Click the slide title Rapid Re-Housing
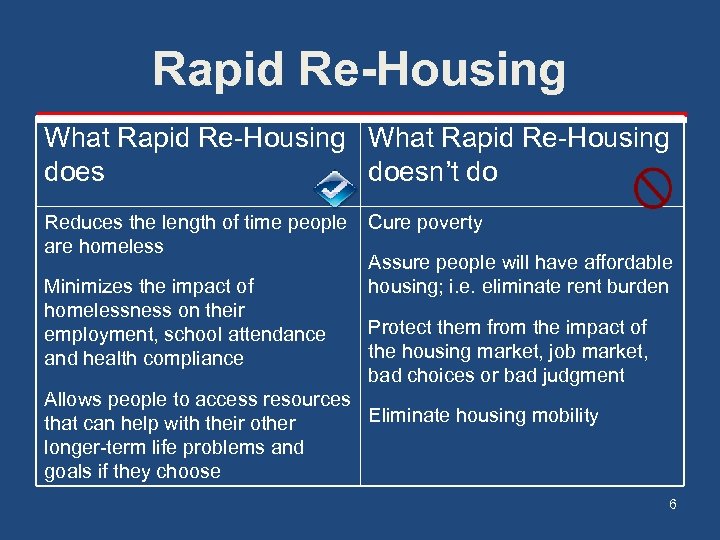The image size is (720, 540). (359, 70)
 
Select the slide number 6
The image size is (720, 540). (673, 504)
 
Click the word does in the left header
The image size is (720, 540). (74, 172)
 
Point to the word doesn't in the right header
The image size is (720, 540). (414, 172)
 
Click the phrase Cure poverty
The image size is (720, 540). (425, 223)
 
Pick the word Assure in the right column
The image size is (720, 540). (398, 263)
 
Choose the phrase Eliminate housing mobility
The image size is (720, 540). (483, 416)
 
